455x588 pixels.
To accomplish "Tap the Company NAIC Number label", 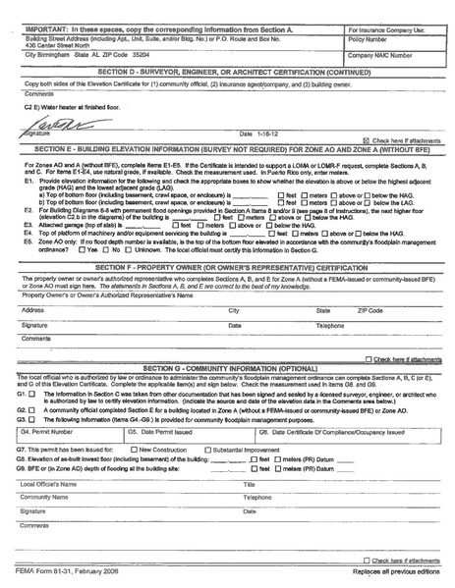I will point(382,57).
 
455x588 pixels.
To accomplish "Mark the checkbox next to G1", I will point(33,392).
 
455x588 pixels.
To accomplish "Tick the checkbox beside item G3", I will point(33,419).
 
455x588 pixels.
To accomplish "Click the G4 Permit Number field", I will point(69,437).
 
